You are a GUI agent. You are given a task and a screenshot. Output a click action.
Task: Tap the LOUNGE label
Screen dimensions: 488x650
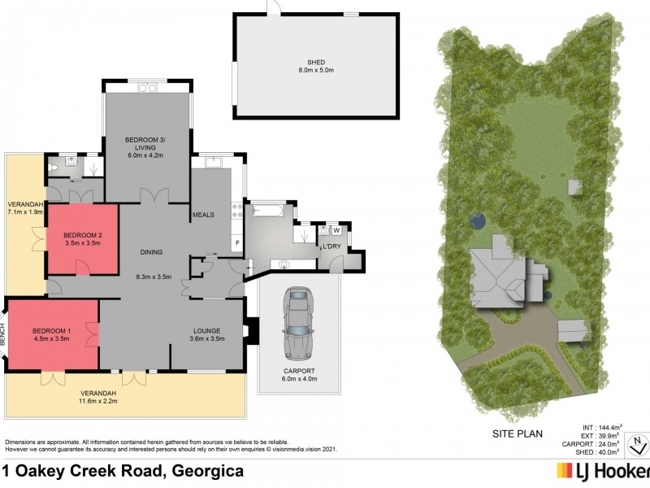tap(207, 330)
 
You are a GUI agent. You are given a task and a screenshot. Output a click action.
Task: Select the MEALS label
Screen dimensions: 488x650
tap(202, 215)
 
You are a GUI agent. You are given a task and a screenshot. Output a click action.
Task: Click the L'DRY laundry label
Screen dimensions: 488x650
tap(331, 246)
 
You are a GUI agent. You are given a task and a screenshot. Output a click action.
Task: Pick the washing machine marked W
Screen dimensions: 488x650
tap(336, 230)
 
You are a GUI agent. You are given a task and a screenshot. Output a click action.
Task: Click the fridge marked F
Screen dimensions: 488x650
tap(237, 243)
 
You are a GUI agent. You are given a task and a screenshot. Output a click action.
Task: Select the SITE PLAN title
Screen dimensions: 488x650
tap(517, 434)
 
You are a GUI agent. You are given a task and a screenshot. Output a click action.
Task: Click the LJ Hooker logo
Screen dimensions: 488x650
tap(601, 470)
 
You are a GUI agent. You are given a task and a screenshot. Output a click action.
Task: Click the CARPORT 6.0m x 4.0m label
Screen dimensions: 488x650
tap(300, 374)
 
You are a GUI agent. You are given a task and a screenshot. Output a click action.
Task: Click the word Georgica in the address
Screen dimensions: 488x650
tap(205, 471)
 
